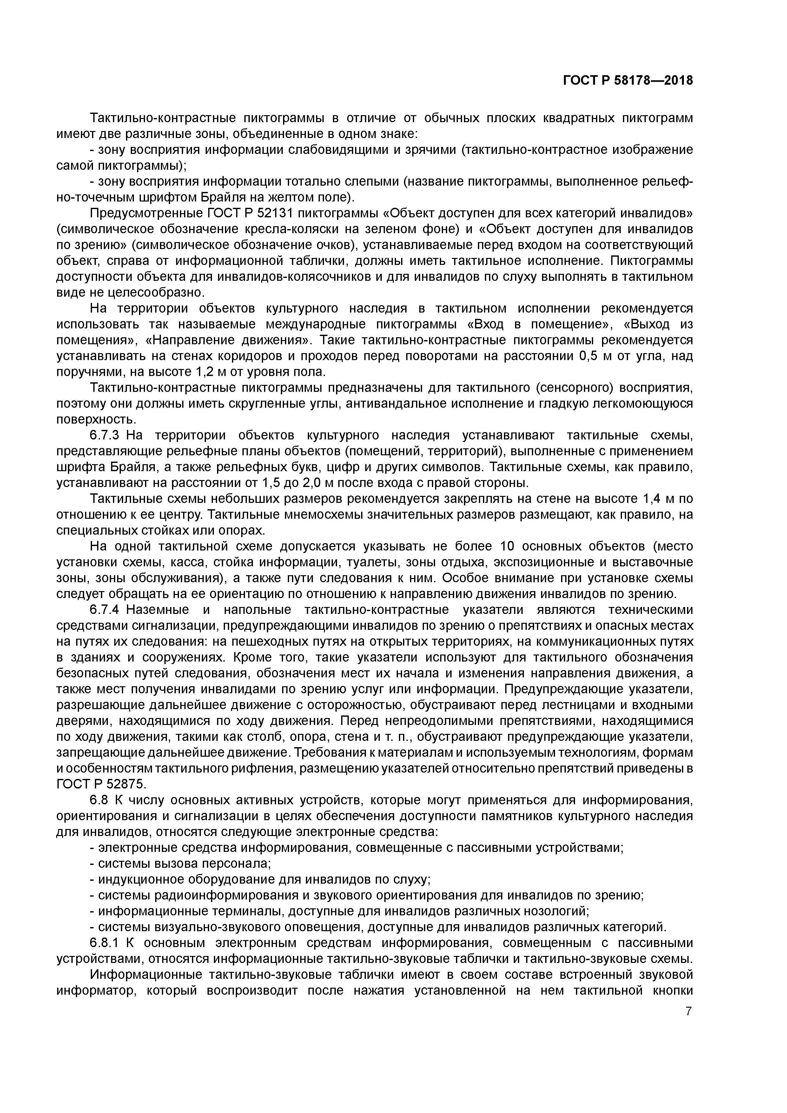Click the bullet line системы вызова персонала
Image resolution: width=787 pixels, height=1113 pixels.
click(180, 863)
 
